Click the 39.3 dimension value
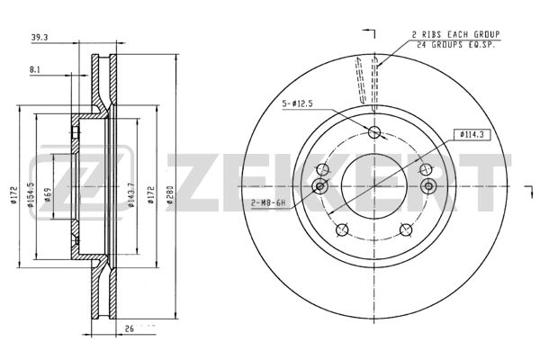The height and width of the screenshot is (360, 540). pyautogui.click(x=40, y=38)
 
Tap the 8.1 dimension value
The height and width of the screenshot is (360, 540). pyautogui.click(x=35, y=69)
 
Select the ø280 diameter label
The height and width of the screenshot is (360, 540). pyautogui.click(x=170, y=195)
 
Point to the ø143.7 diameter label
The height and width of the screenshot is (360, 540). pyautogui.click(x=130, y=195)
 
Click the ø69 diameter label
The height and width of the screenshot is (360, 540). pyautogui.click(x=48, y=194)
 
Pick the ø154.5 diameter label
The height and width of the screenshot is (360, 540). pyautogui.click(x=31, y=195)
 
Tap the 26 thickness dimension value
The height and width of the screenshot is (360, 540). pyautogui.click(x=129, y=328)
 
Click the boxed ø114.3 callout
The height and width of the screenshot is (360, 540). pyautogui.click(x=472, y=135)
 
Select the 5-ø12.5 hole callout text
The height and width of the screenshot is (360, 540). pyautogui.click(x=298, y=104)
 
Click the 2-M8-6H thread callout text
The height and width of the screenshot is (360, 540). pyautogui.click(x=268, y=202)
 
